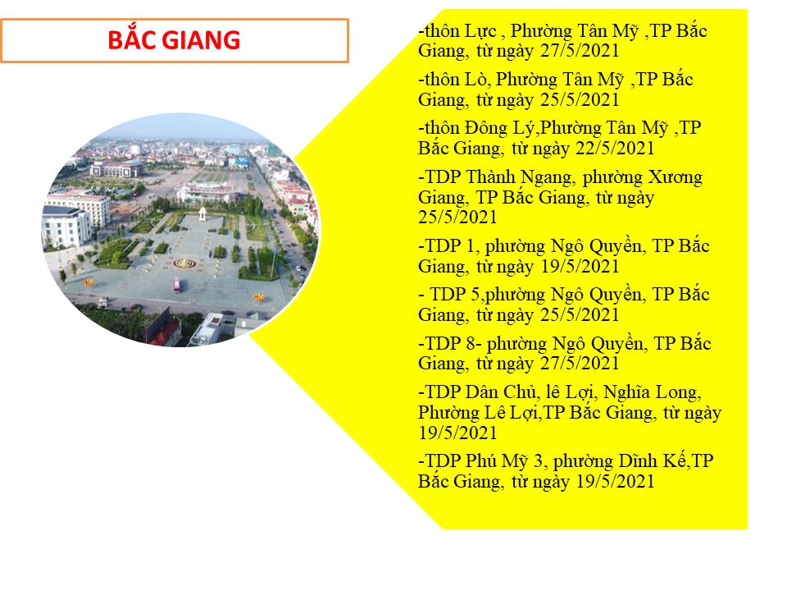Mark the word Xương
pyautogui.click(x=675, y=177)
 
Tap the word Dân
pyautogui.click(x=482, y=392)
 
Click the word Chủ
pyautogui.click(x=521, y=392)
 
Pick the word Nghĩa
pyautogui.click(x=626, y=392)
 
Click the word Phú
pyautogui.click(x=481, y=460)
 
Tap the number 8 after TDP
pyautogui.click(x=471, y=344)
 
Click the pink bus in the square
pyautogui.click(x=177, y=285)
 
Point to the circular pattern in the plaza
pyautogui.click(x=184, y=263)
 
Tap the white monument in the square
pyautogui.click(x=202, y=214)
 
